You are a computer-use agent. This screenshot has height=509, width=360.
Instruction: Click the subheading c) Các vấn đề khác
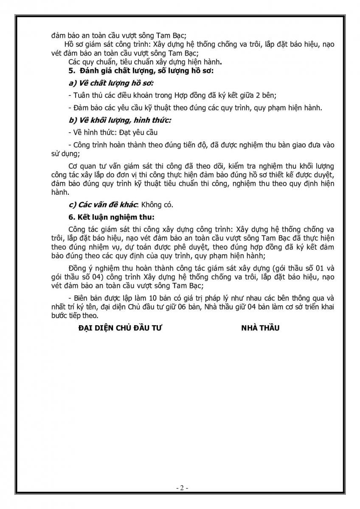[x=103, y=204]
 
